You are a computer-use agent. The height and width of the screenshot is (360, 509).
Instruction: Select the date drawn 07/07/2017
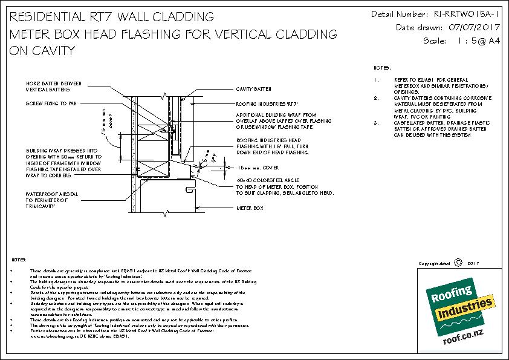(468, 27)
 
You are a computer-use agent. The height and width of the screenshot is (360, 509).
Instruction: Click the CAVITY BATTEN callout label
(253, 89)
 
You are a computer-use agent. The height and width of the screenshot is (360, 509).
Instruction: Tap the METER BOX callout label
(249, 208)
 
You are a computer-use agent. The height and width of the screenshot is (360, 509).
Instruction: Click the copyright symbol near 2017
(457, 263)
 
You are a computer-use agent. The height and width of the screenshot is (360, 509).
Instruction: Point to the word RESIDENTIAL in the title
(48, 16)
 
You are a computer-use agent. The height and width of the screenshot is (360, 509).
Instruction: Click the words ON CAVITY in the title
(42, 51)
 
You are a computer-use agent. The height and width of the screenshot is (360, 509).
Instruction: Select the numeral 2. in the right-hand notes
(377, 97)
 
